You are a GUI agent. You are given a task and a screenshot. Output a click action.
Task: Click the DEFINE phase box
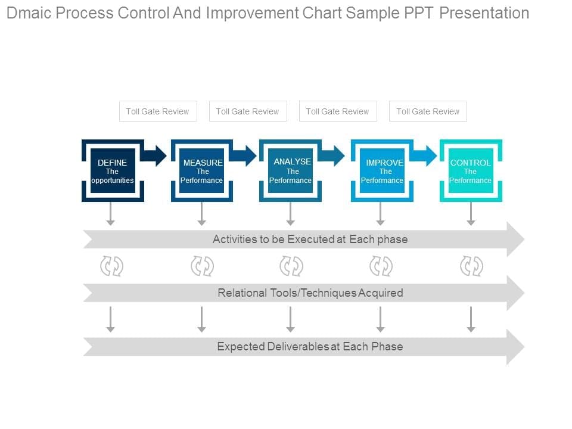click(x=113, y=171)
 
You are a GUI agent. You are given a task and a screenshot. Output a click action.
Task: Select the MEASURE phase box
click(x=202, y=171)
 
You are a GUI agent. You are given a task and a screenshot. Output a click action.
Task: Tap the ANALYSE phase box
click(x=290, y=171)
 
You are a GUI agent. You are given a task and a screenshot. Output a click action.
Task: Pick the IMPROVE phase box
click(x=382, y=171)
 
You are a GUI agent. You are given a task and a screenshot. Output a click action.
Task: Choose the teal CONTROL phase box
click(x=471, y=171)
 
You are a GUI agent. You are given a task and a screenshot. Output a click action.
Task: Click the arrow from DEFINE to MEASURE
click(x=156, y=156)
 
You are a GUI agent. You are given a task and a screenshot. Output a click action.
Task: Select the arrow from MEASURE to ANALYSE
click(x=244, y=156)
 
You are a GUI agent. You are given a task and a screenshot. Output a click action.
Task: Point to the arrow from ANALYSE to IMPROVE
click(x=332, y=156)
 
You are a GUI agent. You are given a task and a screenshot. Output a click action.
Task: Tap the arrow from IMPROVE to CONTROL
click(x=425, y=156)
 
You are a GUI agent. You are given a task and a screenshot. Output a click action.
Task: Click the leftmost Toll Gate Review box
click(x=158, y=111)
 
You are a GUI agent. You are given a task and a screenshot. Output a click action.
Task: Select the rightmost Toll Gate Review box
click(x=428, y=111)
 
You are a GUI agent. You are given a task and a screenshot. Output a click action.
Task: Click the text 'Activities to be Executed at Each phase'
click(x=310, y=240)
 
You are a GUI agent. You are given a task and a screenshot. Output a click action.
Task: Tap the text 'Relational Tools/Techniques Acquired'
click(x=310, y=293)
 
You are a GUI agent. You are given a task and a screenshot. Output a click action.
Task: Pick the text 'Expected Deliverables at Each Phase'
click(x=310, y=347)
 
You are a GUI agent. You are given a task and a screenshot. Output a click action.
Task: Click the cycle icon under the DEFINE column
click(x=111, y=266)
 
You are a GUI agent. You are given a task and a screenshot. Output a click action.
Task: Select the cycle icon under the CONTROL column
click(x=471, y=266)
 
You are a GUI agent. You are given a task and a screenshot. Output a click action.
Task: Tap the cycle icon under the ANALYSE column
click(x=291, y=266)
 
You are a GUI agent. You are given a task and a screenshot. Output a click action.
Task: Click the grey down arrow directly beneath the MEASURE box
click(x=202, y=214)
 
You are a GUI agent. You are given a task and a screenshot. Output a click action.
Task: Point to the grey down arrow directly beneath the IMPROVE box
click(x=381, y=214)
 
